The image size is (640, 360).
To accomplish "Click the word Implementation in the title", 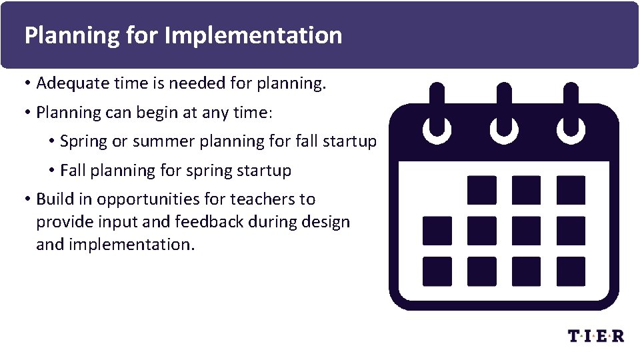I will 253,35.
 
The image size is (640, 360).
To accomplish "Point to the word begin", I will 157,113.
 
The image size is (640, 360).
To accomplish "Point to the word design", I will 326,221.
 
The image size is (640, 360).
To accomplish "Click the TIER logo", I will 596,335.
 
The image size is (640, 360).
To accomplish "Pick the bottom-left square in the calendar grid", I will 437,271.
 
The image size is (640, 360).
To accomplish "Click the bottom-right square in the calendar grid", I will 571,271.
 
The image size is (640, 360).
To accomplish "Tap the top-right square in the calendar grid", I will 571,190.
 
